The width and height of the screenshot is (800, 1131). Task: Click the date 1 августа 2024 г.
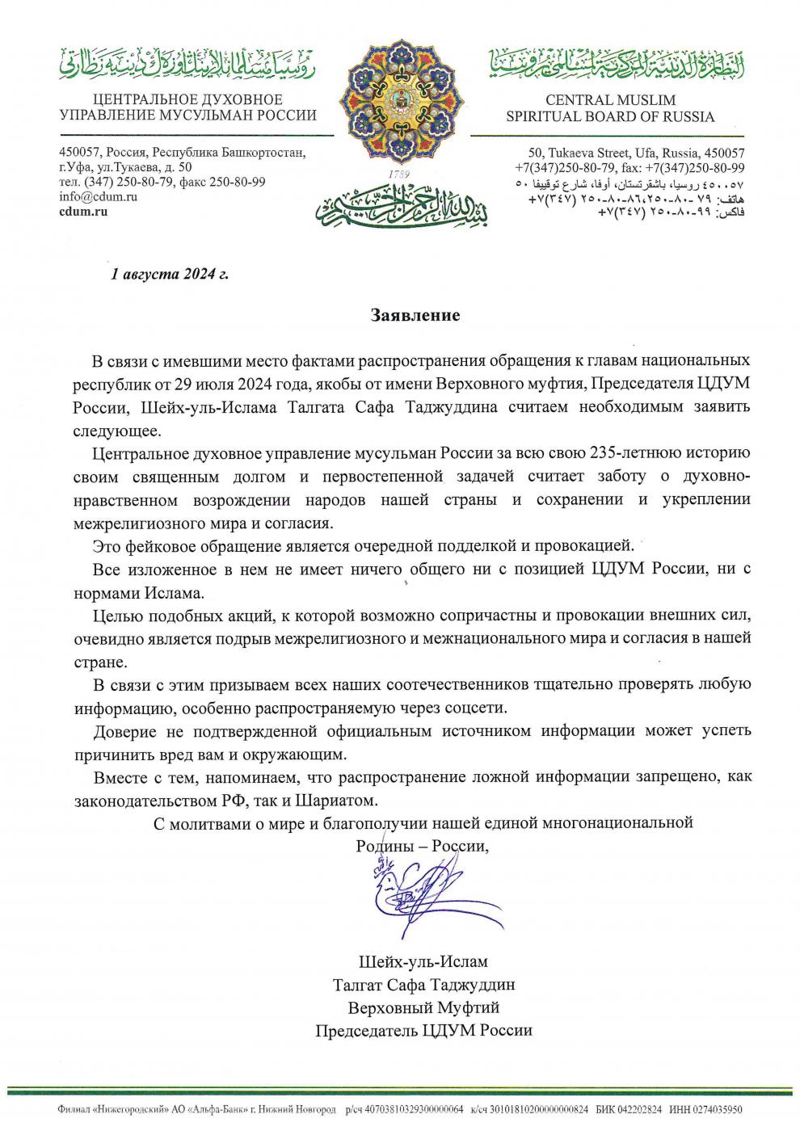[x=170, y=274]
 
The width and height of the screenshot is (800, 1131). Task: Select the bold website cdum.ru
[x=83, y=212]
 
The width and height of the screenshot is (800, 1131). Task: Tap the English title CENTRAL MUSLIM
[x=610, y=100]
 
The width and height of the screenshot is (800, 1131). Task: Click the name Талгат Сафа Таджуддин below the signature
[x=423, y=986]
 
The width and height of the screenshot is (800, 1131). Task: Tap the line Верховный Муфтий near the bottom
[x=423, y=1008]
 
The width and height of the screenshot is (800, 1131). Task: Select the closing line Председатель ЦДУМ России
[x=423, y=1031]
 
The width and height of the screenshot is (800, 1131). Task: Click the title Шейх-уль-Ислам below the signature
[x=423, y=963]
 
